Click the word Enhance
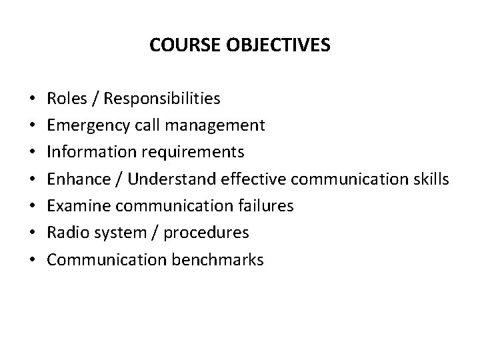(x=75, y=179)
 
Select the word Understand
(x=166, y=179)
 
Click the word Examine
(x=76, y=206)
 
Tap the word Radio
(x=66, y=233)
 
